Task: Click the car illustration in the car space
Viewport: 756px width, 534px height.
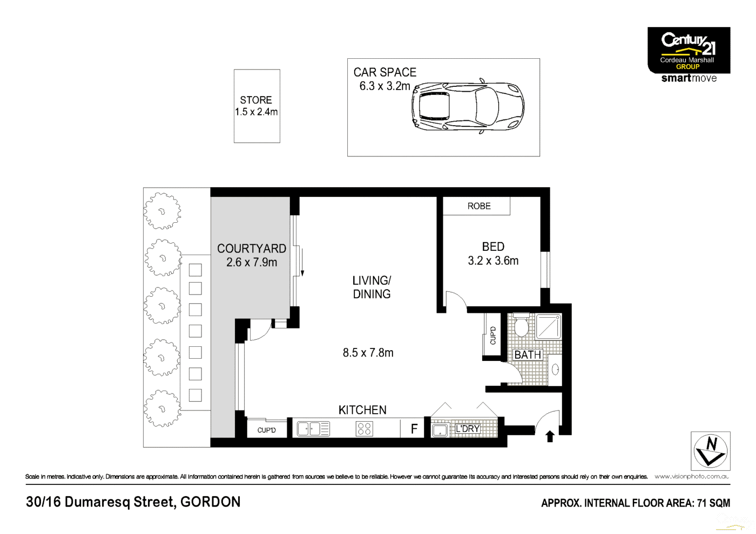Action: tap(468, 106)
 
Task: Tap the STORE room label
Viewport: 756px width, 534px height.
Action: tap(256, 100)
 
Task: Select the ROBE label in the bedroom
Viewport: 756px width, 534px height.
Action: tap(479, 206)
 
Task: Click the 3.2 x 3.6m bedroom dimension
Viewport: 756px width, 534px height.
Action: tap(493, 261)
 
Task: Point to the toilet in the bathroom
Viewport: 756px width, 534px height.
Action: tap(521, 326)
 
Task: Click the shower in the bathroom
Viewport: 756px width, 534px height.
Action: tap(548, 326)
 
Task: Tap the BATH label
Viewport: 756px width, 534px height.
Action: tap(528, 355)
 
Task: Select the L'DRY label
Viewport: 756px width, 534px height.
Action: tap(467, 429)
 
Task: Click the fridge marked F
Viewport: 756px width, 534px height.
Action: tap(414, 429)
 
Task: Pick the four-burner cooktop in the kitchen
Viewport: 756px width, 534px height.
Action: tap(364, 429)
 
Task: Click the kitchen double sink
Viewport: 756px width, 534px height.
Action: tap(313, 429)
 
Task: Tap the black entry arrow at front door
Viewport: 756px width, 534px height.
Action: tap(550, 436)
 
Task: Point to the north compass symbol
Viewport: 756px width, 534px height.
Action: tap(711, 451)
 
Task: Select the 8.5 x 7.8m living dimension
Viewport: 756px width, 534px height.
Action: tap(368, 353)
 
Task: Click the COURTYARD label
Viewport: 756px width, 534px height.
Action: tap(252, 249)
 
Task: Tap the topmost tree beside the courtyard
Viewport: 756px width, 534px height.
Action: tap(162, 211)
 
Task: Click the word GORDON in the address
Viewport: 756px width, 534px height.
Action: tap(211, 502)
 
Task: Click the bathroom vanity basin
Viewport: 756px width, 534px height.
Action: tap(555, 369)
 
